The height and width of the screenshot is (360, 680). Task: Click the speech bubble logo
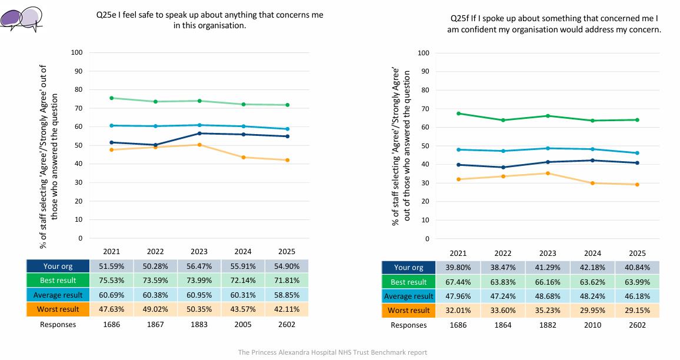point(22,19)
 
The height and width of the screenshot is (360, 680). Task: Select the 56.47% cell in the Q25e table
point(199,266)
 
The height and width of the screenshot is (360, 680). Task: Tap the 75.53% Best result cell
point(111,280)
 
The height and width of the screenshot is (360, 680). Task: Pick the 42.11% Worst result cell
point(286,309)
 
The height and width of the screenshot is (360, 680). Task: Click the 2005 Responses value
point(243,325)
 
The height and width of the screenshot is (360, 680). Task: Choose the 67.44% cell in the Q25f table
point(458,282)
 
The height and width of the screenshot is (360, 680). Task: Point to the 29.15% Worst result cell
point(638,311)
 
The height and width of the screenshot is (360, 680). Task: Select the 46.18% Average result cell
point(638,296)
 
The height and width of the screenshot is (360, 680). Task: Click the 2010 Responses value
point(592,325)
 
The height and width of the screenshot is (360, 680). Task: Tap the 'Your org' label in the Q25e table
point(58,266)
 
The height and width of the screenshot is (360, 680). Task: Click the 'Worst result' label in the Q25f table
point(408,311)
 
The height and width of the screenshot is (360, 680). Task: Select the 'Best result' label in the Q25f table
point(408,282)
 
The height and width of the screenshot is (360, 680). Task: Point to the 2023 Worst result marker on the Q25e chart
point(199,145)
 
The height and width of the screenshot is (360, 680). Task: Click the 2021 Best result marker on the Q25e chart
point(111,98)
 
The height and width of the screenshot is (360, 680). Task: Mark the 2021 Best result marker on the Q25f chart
point(458,114)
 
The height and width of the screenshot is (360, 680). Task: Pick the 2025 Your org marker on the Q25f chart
point(637,163)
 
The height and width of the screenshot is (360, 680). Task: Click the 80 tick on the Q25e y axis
point(78,90)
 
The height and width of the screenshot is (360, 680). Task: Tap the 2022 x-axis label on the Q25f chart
point(503,254)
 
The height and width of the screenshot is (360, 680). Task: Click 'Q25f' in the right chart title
point(459,18)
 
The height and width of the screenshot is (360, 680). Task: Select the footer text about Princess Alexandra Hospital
point(332,352)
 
